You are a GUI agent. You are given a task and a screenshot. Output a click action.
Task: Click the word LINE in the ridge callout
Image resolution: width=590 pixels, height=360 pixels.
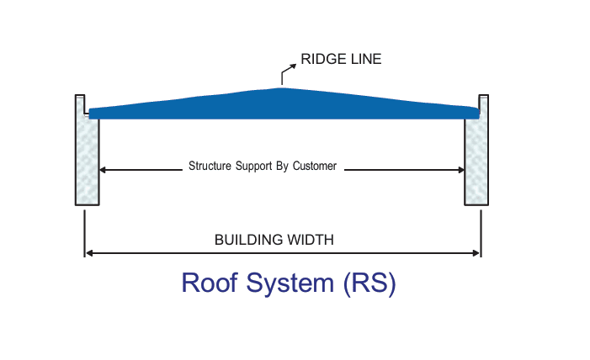(x=364, y=60)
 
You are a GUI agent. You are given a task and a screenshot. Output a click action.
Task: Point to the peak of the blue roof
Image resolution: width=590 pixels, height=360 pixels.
(x=282, y=89)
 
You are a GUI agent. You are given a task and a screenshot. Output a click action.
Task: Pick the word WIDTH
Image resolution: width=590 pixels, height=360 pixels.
(x=311, y=240)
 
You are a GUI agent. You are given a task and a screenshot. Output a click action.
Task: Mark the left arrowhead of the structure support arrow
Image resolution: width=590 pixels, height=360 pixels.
(x=104, y=170)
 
